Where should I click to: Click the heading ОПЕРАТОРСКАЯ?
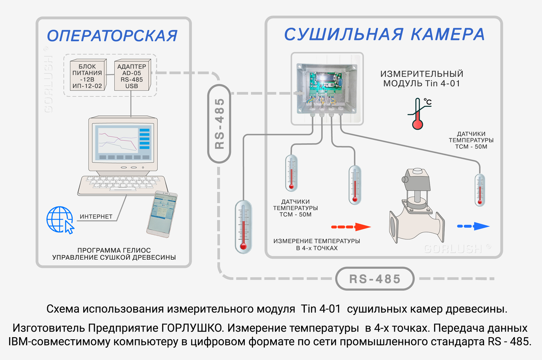(x=112, y=36)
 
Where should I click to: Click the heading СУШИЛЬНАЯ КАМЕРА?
(x=384, y=34)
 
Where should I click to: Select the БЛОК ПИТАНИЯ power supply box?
(x=87, y=76)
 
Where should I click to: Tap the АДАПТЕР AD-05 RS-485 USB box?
(x=132, y=76)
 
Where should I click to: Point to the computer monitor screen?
(x=123, y=142)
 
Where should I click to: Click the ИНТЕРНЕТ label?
(x=96, y=216)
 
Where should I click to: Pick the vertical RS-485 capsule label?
(x=219, y=124)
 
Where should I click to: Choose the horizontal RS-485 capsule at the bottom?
(x=375, y=279)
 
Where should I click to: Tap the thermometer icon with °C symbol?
(x=418, y=114)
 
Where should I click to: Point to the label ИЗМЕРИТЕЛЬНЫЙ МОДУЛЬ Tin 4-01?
(x=422, y=79)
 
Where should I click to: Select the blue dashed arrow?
(x=473, y=226)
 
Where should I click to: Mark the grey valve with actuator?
(x=416, y=208)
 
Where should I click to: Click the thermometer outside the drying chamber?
(x=243, y=227)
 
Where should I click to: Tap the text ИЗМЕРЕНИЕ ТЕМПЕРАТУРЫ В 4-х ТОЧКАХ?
(x=316, y=244)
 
